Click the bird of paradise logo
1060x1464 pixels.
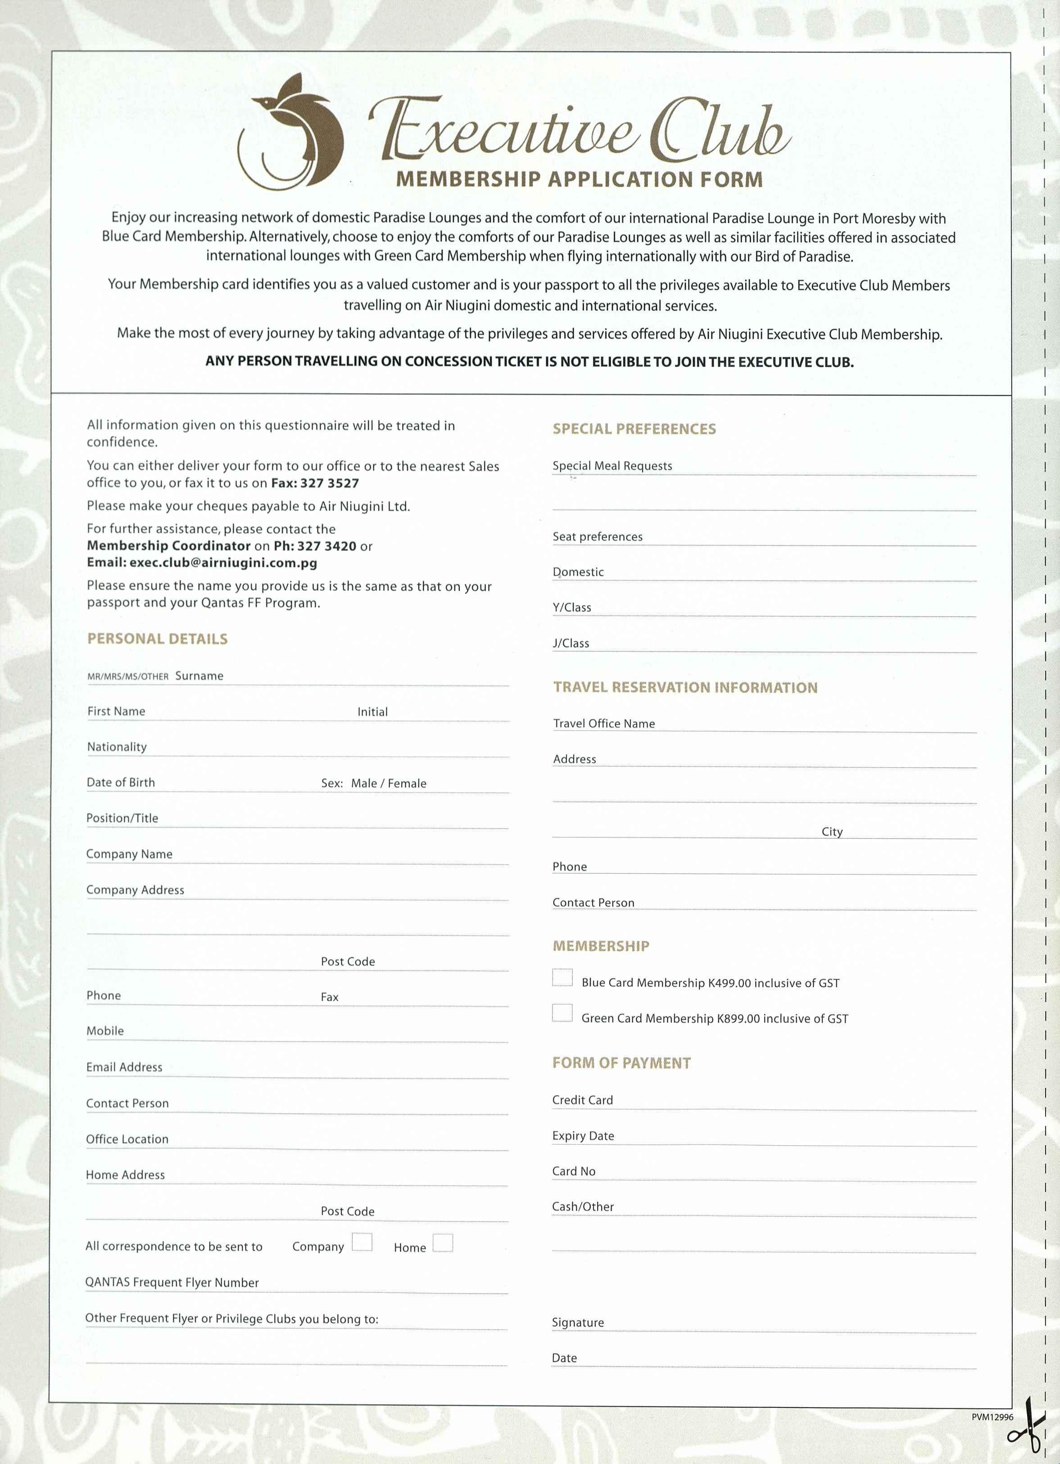[x=290, y=132]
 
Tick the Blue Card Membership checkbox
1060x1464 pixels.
[x=562, y=978]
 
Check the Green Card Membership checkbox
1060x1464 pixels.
[x=562, y=1013]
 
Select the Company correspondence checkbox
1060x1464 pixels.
[x=362, y=1242]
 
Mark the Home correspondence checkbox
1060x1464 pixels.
[x=443, y=1243]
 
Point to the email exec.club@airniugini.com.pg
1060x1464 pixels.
[x=223, y=562]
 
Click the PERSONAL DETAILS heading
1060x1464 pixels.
[x=158, y=639]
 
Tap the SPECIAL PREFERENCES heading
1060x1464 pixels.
[x=634, y=429]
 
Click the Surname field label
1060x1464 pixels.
[x=199, y=676]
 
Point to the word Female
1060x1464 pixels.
[x=408, y=784]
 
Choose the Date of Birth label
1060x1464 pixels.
[x=121, y=782]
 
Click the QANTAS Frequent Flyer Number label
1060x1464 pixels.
[x=172, y=1283]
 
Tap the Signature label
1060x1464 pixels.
[x=578, y=1323]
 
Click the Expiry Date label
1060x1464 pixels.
[x=583, y=1136]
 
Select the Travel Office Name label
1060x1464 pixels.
[x=603, y=723]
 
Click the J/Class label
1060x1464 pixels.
[x=571, y=644]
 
